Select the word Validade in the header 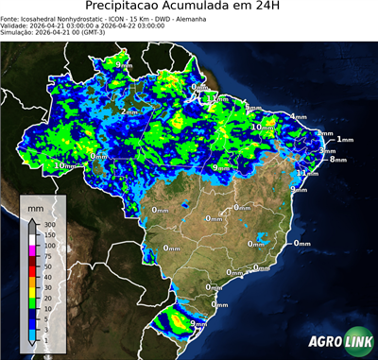click(x=16, y=26)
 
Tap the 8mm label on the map click(x=338, y=160)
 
